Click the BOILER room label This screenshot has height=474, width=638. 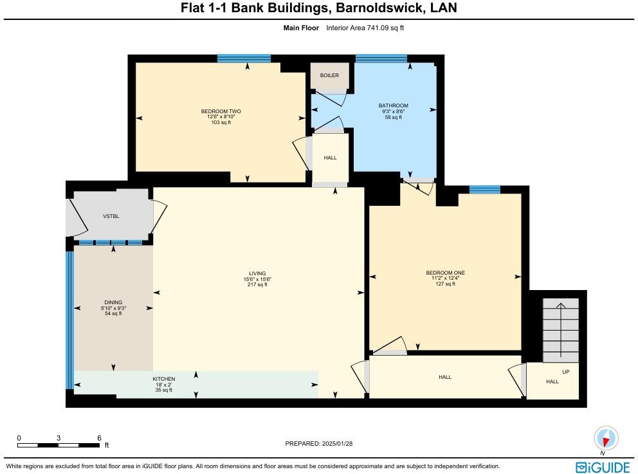329,75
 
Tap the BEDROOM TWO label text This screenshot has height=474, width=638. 221,111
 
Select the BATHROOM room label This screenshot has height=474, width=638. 393,105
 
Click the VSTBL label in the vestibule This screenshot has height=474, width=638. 111,216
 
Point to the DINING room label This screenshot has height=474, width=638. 113,302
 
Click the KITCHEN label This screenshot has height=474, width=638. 163,379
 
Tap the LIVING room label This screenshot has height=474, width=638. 257,273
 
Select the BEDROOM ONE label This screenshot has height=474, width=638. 445,273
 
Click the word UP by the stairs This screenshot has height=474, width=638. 566,372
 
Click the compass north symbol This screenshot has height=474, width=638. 605,439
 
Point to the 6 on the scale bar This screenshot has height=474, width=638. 99,437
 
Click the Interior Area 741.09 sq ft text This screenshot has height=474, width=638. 365,28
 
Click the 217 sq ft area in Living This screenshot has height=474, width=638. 257,285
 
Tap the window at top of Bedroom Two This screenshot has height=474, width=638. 244,59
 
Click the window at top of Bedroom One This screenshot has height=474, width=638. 484,189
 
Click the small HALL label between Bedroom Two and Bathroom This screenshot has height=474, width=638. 330,158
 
